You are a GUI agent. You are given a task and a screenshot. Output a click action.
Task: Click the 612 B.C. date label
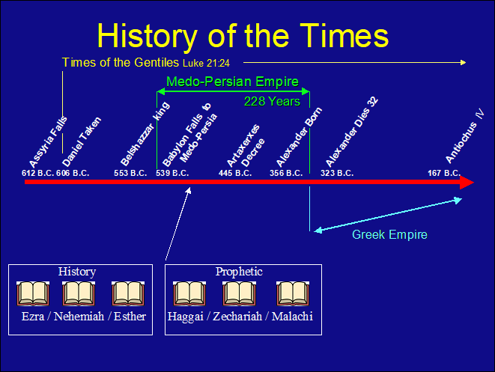coord(38,173)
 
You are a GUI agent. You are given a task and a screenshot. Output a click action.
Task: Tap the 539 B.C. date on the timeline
coord(172,173)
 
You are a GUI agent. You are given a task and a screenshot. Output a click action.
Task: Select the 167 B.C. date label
coord(444,173)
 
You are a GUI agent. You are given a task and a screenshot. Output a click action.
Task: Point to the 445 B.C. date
coord(235,173)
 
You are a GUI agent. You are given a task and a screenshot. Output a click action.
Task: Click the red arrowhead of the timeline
coord(467,183)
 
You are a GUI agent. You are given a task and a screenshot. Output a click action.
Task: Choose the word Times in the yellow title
coord(344,36)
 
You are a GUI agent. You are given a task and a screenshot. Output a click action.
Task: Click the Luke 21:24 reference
coord(206,64)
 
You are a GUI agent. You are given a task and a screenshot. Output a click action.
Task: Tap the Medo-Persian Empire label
coord(232,82)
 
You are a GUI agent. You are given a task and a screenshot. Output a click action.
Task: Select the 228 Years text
coord(272,102)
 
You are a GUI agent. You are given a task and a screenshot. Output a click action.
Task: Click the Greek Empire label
coord(389,235)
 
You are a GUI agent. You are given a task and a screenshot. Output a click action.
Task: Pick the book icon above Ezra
coord(33,293)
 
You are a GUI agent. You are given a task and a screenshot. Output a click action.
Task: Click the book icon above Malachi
coord(293,293)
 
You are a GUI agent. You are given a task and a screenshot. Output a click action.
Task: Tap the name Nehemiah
coord(79,316)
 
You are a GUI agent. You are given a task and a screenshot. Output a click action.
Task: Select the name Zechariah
coord(237,316)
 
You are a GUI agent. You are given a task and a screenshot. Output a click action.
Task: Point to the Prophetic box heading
coord(239,272)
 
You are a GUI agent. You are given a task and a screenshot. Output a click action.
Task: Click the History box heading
coord(77,272)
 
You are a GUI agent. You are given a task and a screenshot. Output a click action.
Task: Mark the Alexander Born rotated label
coord(299,137)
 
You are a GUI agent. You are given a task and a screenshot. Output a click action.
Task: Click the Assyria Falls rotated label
coord(48,142)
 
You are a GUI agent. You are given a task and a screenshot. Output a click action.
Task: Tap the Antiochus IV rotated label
coord(464,136)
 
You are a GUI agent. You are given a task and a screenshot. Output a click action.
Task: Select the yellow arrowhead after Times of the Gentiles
coord(463,62)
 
